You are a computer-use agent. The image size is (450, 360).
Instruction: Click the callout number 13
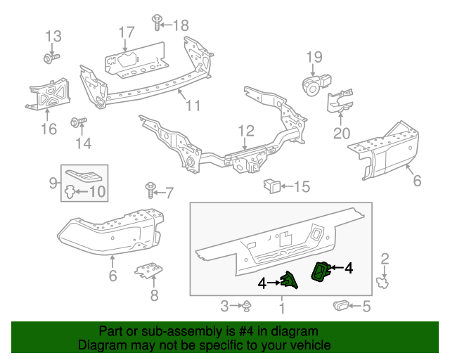point(53,36)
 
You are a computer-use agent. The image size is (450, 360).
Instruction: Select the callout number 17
point(126,32)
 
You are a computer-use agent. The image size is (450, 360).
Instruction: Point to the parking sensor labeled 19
point(311,84)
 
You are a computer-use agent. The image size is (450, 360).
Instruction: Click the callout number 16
point(48,129)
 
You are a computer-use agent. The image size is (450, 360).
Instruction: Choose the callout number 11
point(193,106)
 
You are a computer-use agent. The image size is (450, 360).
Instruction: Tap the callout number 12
point(245,131)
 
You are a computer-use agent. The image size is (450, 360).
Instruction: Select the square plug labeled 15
point(271,186)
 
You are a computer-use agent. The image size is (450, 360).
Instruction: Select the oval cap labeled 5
point(342,305)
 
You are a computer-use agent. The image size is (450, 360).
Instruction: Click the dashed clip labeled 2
point(383,283)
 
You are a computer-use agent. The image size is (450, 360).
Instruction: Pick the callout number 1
point(282,307)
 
